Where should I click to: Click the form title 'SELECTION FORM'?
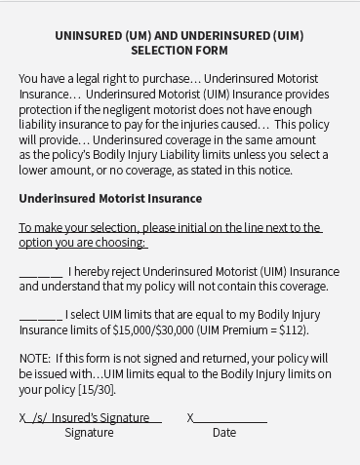(x=180, y=51)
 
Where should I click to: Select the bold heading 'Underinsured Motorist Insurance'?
(x=110, y=198)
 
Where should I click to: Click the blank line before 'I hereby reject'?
(x=40, y=272)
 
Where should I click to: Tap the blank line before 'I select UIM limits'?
(x=40, y=315)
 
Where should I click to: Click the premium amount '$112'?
(x=291, y=329)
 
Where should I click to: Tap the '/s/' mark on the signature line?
(x=39, y=417)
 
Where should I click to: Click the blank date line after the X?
(x=230, y=418)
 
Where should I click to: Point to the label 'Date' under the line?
(x=224, y=433)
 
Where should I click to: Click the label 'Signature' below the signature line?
(x=89, y=433)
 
